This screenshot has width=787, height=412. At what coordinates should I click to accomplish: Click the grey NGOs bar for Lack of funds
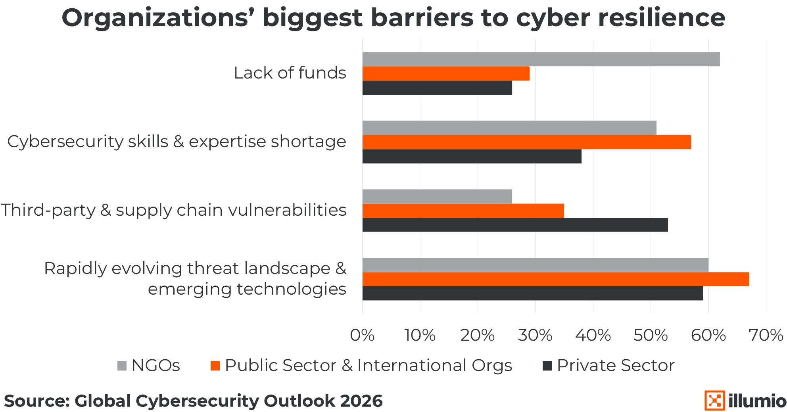[x=541, y=59]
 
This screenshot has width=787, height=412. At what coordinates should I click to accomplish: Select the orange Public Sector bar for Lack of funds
[x=446, y=73]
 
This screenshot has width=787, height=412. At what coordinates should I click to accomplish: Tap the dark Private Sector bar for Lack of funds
[x=437, y=88]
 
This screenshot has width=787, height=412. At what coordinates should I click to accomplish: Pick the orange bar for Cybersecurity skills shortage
[x=526, y=142]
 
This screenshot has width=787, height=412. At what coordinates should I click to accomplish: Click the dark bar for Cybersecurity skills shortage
[x=472, y=156]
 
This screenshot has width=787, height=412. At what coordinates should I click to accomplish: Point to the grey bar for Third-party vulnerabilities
[x=437, y=196]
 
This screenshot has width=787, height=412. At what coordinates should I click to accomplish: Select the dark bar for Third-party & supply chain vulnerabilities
[x=515, y=225]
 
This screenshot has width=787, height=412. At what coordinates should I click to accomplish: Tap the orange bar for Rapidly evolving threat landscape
[x=555, y=279]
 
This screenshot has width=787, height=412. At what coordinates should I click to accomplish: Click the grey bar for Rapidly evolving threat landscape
[x=535, y=265]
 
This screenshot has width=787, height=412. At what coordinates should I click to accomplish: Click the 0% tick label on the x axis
[x=362, y=335]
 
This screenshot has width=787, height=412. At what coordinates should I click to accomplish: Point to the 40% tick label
[x=593, y=335]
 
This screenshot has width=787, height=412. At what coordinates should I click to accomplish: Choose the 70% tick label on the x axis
[x=766, y=335]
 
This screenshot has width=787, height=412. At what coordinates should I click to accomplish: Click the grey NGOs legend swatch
[x=122, y=366]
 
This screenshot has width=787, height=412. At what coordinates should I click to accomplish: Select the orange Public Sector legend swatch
[x=215, y=366]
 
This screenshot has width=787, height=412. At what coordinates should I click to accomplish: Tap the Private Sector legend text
[x=615, y=365]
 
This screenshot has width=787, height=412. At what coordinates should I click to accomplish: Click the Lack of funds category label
[x=290, y=73]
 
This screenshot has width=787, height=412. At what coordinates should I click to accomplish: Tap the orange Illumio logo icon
[x=714, y=401]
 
